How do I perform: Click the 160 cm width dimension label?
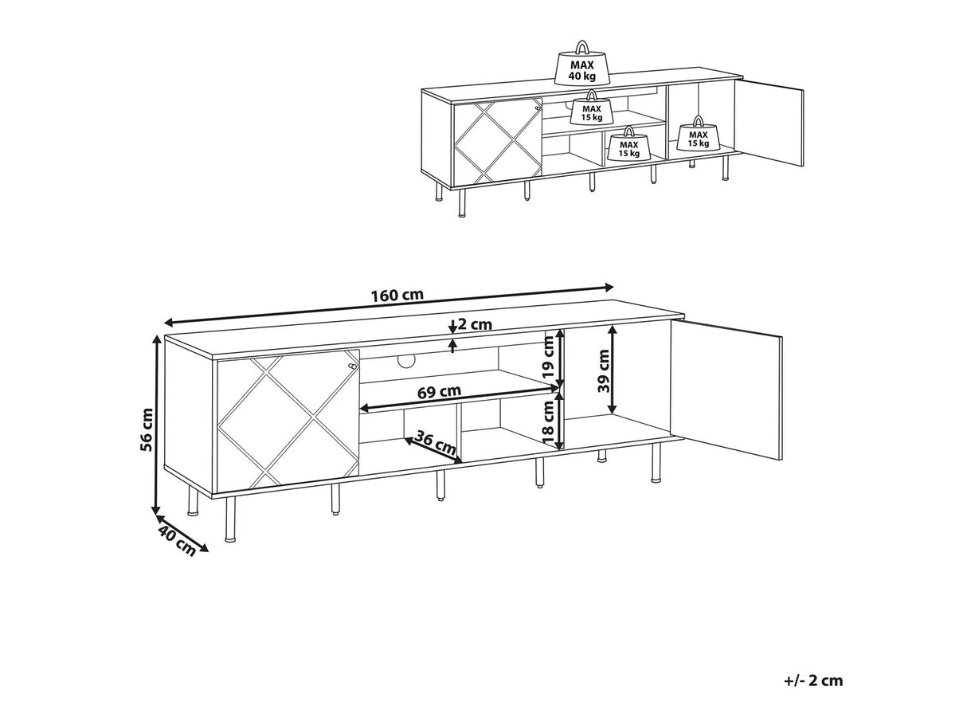397,295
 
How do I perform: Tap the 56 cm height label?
147,430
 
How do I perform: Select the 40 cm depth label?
177,542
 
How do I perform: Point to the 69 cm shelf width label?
438,391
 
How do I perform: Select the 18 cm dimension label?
548,422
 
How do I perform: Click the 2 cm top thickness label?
476,325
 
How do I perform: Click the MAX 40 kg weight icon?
582,64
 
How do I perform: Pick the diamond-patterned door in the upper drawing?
497,140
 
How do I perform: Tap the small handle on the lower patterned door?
351,364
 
